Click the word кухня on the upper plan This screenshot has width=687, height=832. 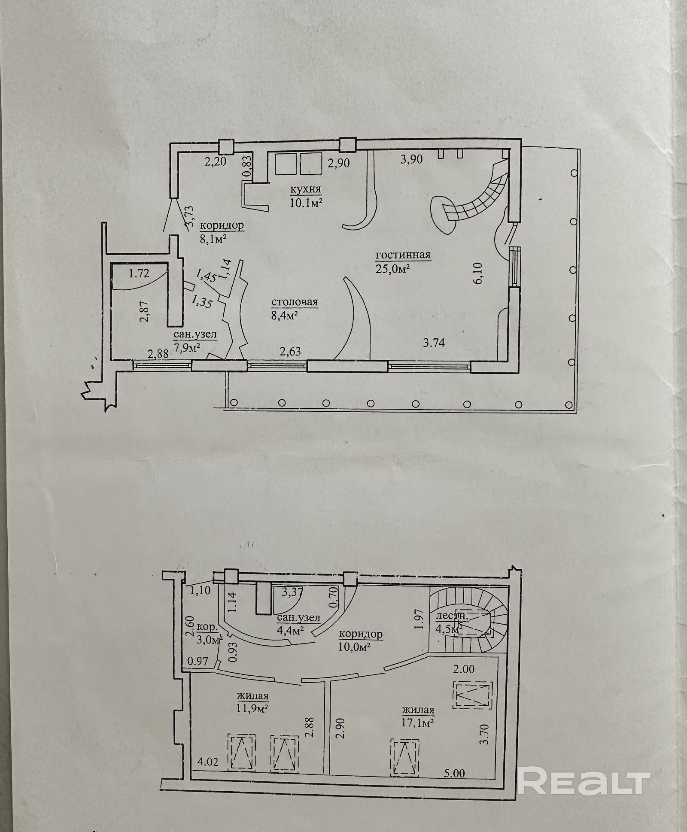click(x=305, y=189)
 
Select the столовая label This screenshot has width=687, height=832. click(x=294, y=302)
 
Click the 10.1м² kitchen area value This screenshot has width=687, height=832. click(x=306, y=203)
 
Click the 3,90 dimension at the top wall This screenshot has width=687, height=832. click(x=411, y=160)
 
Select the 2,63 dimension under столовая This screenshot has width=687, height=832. click(x=290, y=351)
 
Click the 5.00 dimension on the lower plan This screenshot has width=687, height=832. click(x=453, y=774)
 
